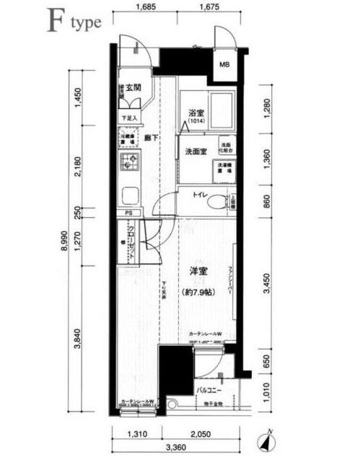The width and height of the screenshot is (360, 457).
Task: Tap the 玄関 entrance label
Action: [133, 88]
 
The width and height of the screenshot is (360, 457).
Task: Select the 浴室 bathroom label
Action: [196, 114]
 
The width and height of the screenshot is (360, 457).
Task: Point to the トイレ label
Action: [200, 195]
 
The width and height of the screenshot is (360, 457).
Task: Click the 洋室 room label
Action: [198, 271]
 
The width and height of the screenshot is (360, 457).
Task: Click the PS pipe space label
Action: [128, 213]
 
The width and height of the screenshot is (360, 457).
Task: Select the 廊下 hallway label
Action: [151, 137]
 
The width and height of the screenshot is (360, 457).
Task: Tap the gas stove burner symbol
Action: [130, 163]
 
